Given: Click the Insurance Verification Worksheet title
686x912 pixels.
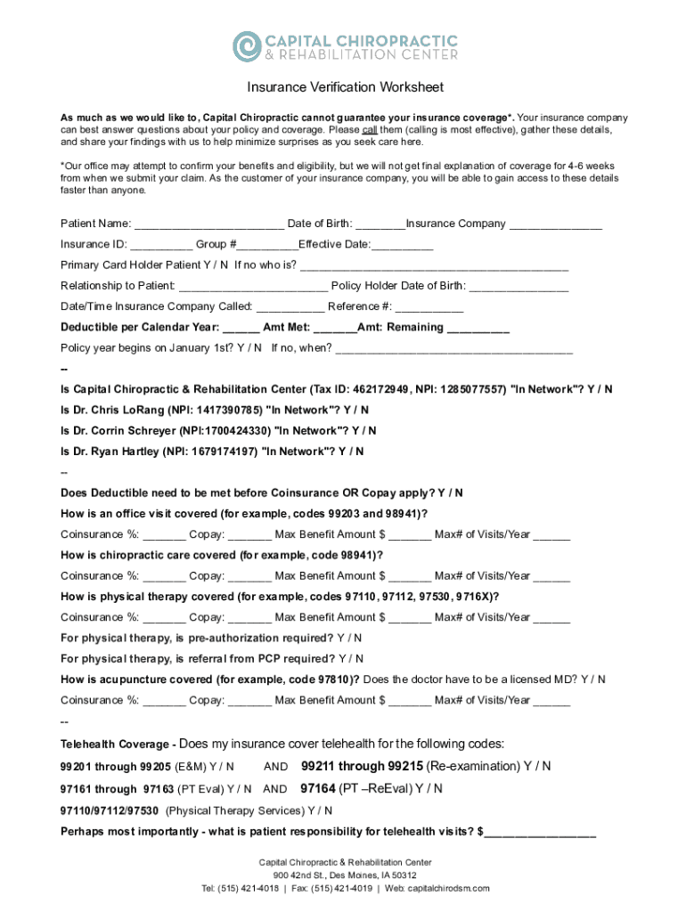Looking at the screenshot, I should pyautogui.click(x=345, y=87).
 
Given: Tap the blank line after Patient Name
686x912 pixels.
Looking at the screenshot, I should pyautogui.click(x=209, y=224).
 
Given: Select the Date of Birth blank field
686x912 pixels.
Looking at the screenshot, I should pyautogui.click(x=380, y=224).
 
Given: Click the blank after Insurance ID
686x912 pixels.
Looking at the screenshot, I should pyautogui.click(x=161, y=244).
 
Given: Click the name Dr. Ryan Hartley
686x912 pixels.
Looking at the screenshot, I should pyautogui.click(x=115, y=452).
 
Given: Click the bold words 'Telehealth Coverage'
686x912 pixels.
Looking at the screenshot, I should pyautogui.click(x=116, y=745).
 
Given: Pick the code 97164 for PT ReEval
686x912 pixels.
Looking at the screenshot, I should pyautogui.click(x=318, y=788).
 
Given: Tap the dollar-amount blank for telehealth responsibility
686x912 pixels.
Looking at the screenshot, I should pyautogui.click(x=541, y=833).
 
